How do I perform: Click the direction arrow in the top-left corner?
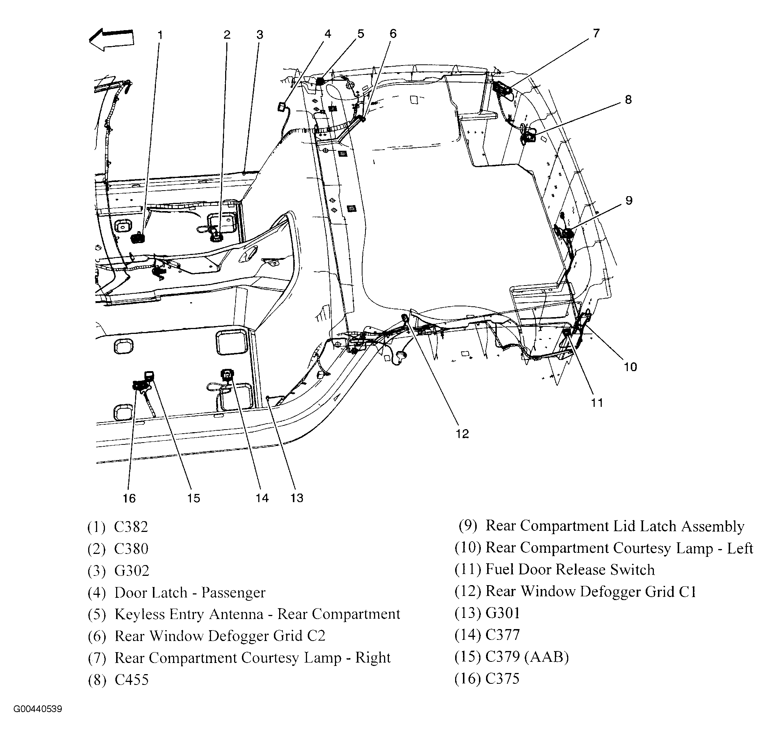[112, 39]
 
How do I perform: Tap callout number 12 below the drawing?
[462, 434]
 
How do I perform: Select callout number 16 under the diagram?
[129, 498]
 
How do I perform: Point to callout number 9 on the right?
[629, 200]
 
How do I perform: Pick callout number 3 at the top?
[260, 35]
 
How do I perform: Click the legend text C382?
[131, 527]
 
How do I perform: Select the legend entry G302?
[132, 571]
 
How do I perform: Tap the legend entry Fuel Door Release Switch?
[570, 570]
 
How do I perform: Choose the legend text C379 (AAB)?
[527, 657]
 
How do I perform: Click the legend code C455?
[131, 680]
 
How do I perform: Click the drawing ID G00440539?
[38, 709]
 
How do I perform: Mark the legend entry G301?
[502, 613]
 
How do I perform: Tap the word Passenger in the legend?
[233, 593]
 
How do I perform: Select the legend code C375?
[502, 679]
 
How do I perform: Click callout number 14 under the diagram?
[262, 498]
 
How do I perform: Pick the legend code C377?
[502, 635]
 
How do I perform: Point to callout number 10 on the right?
[630, 367]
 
